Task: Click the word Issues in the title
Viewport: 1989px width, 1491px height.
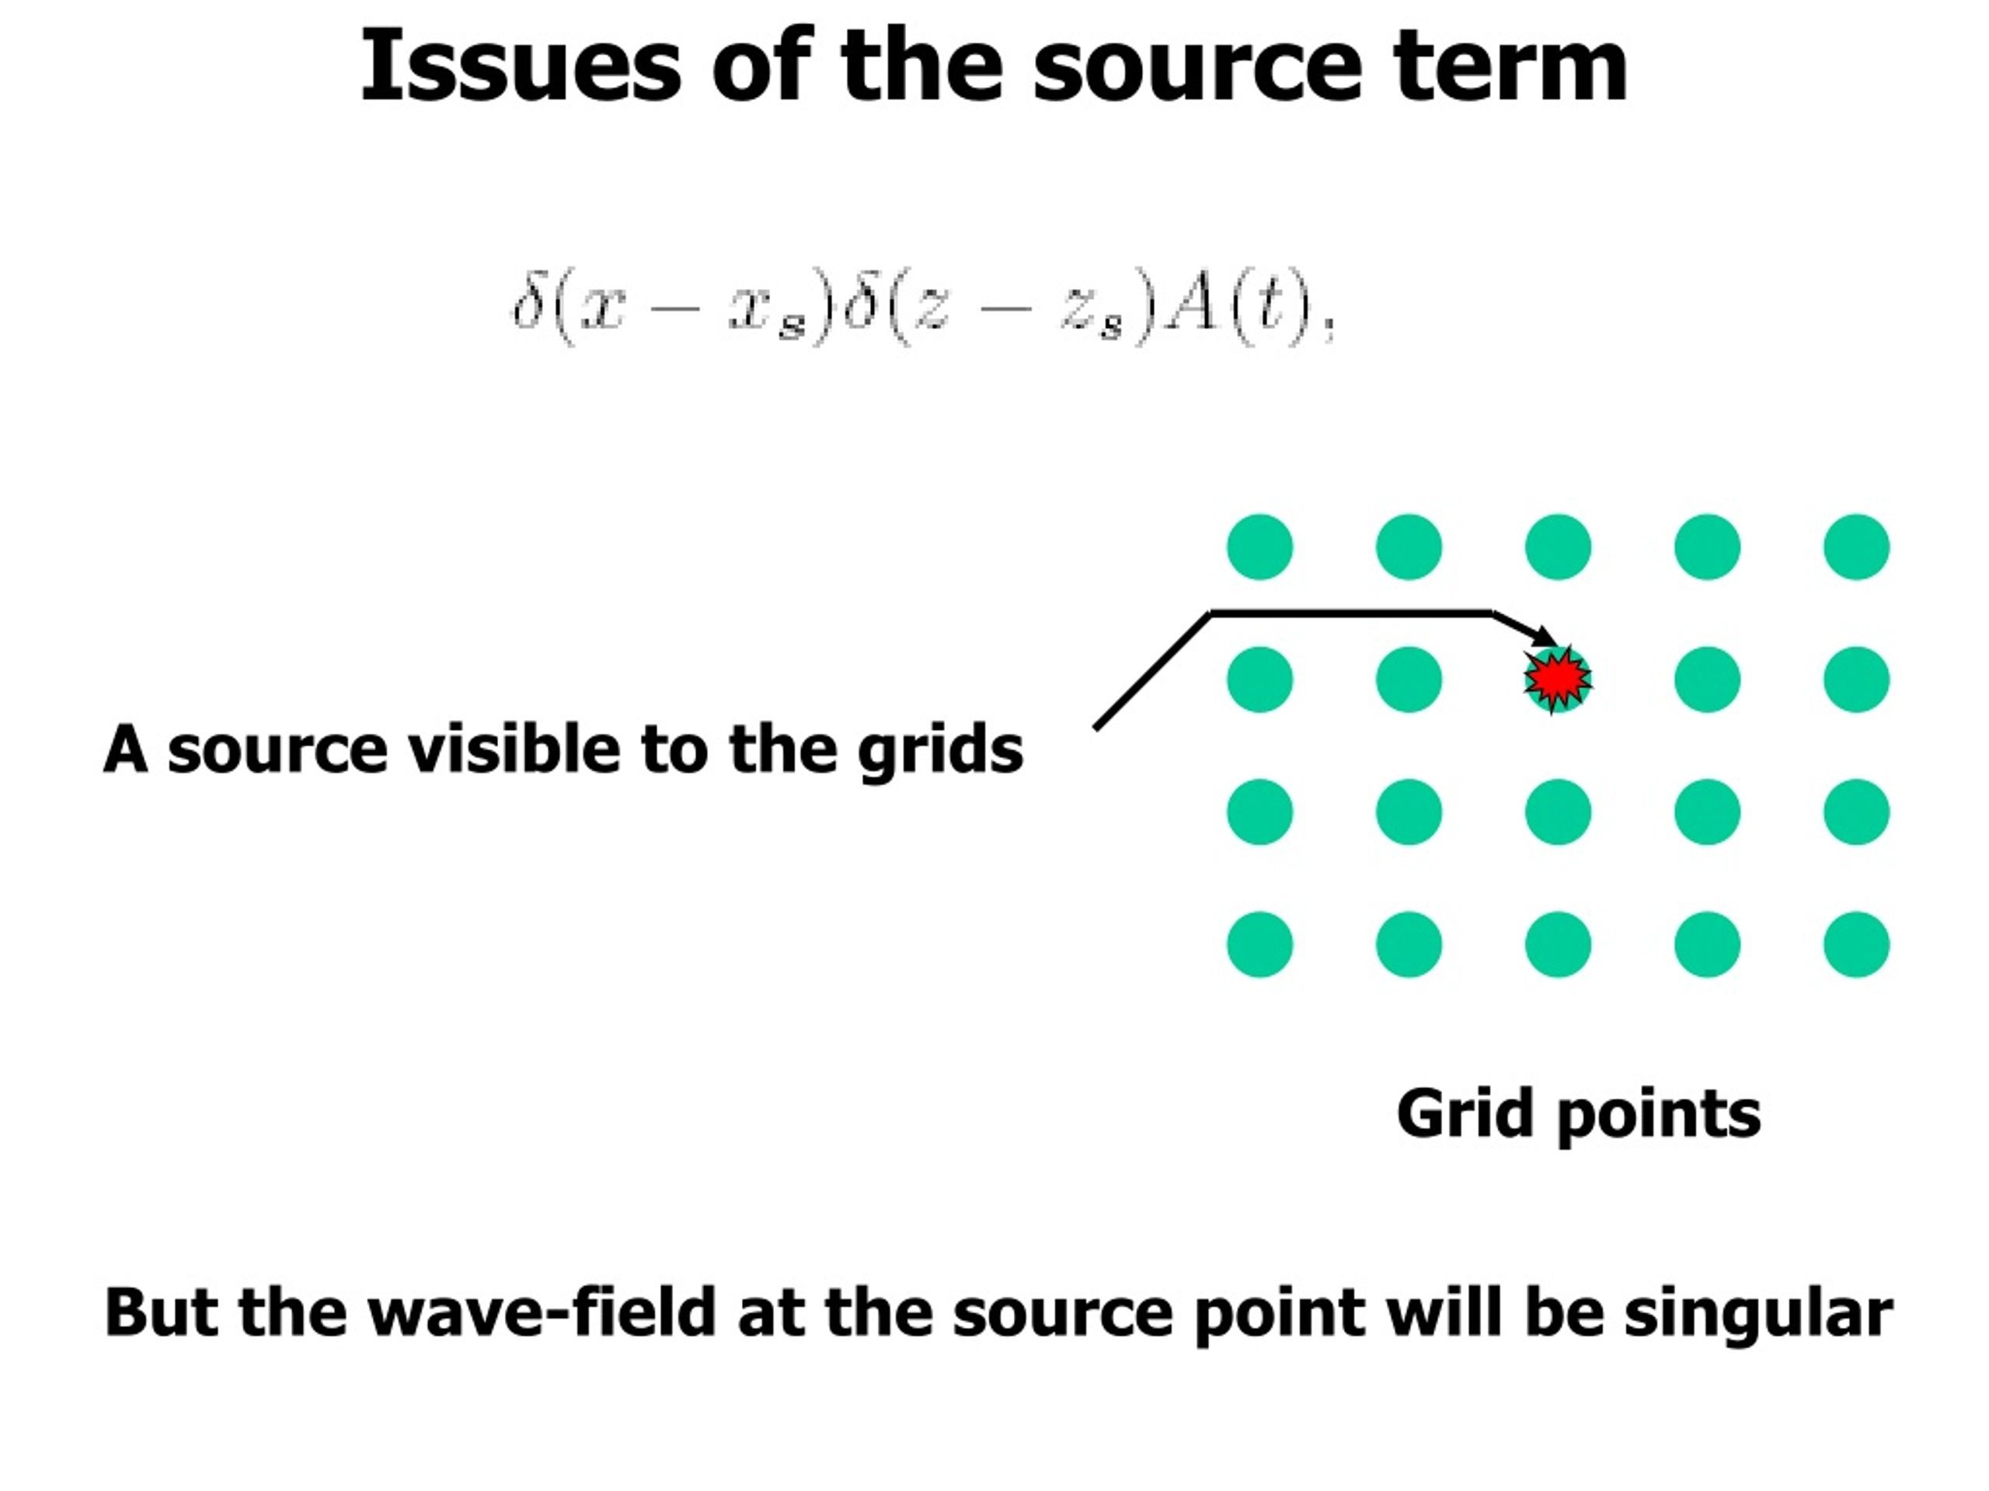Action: [x=521, y=68]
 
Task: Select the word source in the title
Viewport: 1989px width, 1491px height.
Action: [x=1197, y=68]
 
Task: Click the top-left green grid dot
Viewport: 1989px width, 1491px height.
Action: [x=1259, y=547]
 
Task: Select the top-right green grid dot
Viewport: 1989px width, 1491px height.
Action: [x=1857, y=547]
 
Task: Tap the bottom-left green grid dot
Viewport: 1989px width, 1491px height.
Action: [x=1259, y=944]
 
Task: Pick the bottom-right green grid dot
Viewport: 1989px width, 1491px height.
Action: [x=1857, y=944]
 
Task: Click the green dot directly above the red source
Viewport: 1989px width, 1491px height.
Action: [x=1559, y=547]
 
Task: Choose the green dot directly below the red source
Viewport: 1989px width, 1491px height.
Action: [x=1559, y=812]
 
